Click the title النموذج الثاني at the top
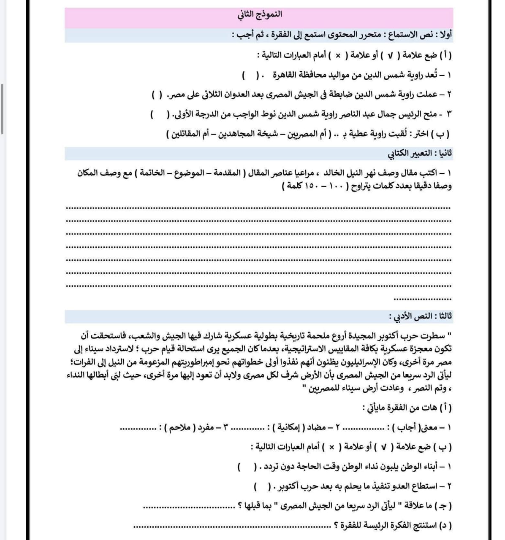pyautogui.click(x=259, y=14)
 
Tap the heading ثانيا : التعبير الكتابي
pyautogui.click(x=420, y=153)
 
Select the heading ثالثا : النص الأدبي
pyautogui.click(x=421, y=316)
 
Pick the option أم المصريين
pyautogui.click(x=303, y=134)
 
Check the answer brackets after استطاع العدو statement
pyautogui.click(x=262, y=487)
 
